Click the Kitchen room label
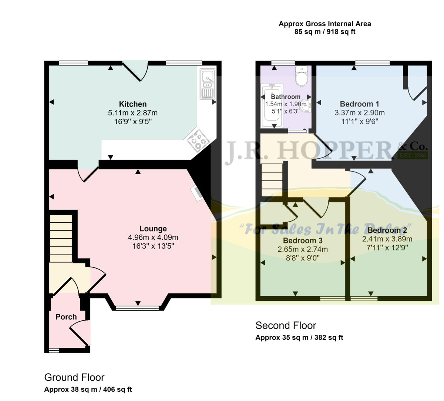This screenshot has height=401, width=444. [132, 104]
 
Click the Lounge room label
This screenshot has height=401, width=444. [153, 229]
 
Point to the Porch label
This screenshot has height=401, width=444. [66, 317]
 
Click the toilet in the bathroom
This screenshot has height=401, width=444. [302, 76]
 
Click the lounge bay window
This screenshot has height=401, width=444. [138, 308]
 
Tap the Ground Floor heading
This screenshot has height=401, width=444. [74, 377]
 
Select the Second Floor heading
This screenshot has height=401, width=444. [286, 326]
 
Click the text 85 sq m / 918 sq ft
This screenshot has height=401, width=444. [324, 32]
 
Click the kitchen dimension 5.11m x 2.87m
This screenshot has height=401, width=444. [132, 112]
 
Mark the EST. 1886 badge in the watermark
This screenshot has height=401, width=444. [413, 155]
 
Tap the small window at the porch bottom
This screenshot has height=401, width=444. [54, 350]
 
